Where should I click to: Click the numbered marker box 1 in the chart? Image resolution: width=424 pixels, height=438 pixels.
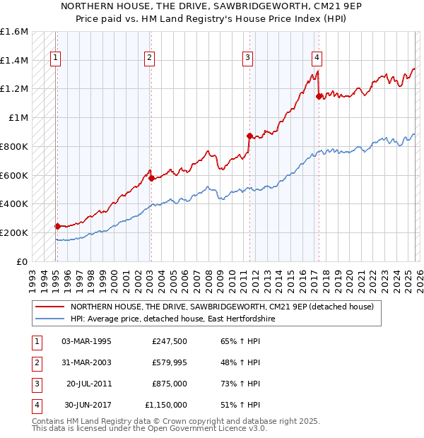(x=56, y=59)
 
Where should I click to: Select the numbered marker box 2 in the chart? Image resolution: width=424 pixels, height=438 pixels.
(x=150, y=59)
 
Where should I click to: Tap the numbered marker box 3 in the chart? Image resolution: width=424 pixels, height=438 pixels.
(x=248, y=59)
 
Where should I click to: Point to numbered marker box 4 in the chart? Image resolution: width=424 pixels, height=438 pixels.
(x=317, y=59)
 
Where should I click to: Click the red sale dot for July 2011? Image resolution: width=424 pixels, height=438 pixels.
(x=249, y=136)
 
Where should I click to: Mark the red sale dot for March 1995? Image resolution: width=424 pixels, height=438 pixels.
(x=57, y=226)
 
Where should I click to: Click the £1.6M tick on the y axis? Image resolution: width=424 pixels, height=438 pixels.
(x=14, y=32)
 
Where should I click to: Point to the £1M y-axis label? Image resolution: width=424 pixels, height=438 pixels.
(x=18, y=118)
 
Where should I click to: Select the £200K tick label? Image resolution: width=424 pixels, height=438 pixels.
(x=14, y=232)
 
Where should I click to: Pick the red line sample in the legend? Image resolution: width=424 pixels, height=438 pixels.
(x=49, y=307)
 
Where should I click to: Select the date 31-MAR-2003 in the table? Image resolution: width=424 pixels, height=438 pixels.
(x=87, y=362)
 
